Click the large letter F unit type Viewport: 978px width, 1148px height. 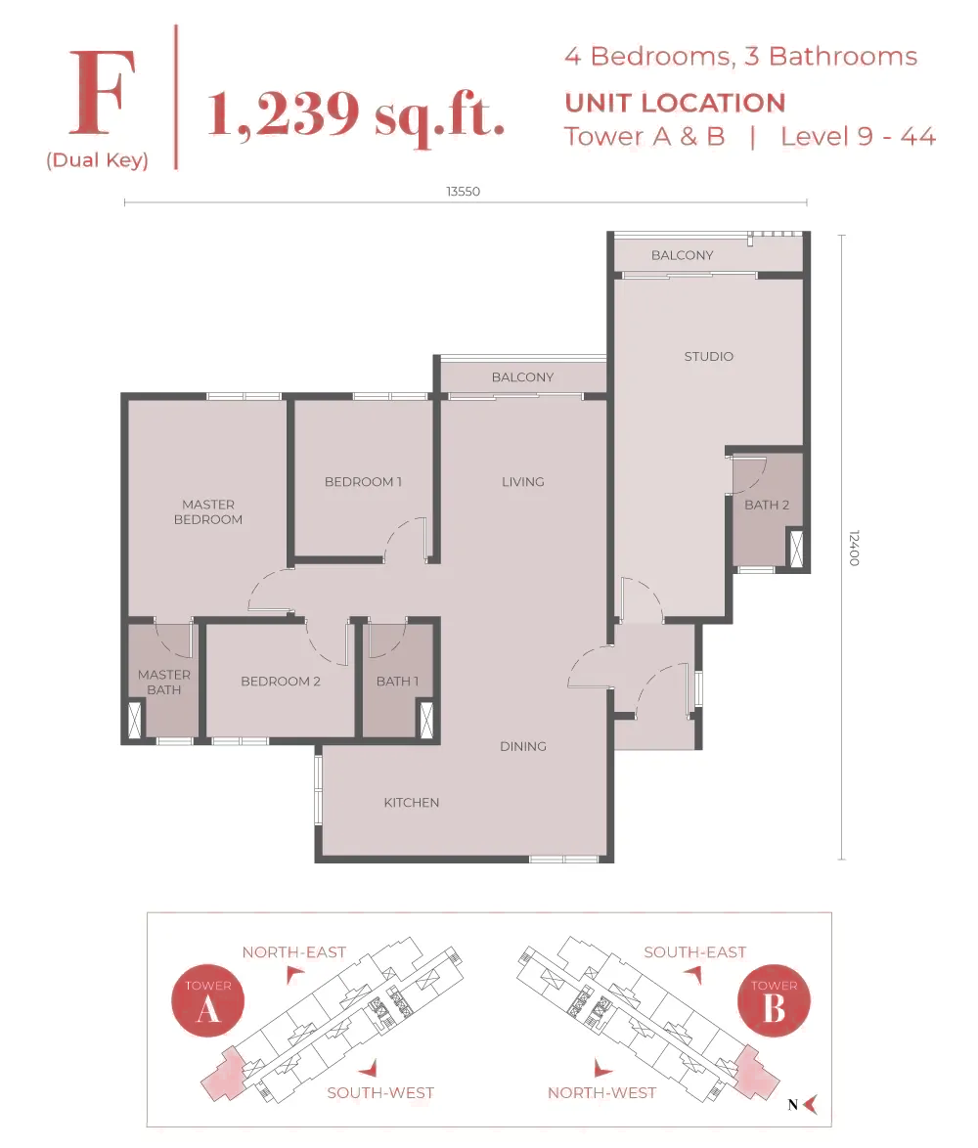103,93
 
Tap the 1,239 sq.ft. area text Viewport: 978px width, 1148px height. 356,115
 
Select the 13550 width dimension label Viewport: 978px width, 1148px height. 464,191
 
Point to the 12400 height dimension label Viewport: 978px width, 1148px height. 854,548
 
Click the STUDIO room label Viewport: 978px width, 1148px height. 709,357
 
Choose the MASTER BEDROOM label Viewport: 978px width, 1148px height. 208,511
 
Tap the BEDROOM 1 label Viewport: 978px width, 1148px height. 363,482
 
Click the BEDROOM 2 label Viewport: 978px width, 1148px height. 281,681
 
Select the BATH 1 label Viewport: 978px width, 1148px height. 397,681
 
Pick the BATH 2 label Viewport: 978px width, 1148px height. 767,505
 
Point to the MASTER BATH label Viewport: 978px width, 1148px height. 164,682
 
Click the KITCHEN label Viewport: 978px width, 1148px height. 412,803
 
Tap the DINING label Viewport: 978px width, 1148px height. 522,746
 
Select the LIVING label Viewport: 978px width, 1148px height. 522,482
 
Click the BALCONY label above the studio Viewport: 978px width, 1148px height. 683,255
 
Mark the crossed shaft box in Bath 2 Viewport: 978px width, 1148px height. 796,548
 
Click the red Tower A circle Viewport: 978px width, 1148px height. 208,1000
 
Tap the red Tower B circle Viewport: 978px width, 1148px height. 774,1000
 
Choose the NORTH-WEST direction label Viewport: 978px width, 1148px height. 601,1092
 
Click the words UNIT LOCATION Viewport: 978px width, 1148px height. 675,104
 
